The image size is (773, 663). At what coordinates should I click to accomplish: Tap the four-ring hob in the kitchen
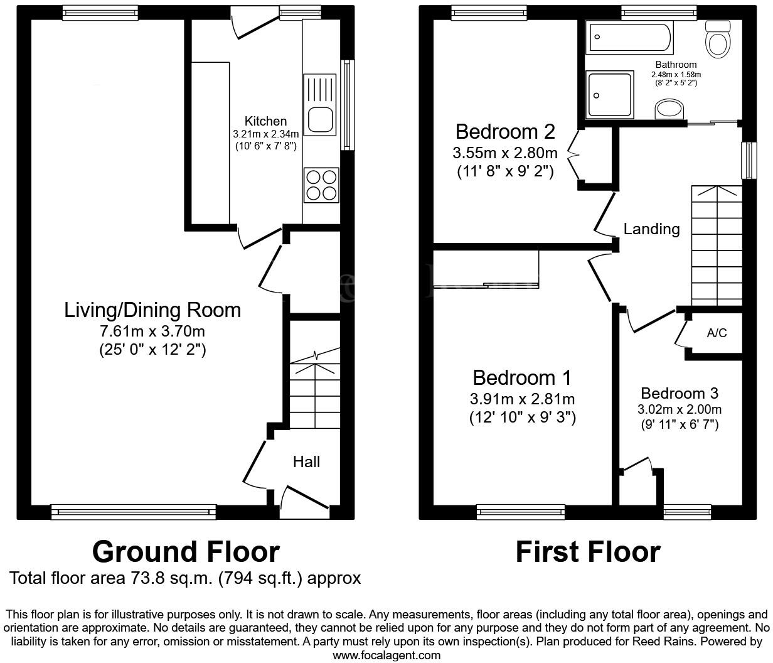point(321,185)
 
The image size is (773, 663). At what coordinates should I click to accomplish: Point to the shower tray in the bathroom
point(609,94)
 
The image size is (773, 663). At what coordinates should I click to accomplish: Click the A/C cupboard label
point(717,333)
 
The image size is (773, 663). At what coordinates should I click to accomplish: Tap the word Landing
point(651,229)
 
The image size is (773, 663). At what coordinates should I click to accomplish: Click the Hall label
point(306,462)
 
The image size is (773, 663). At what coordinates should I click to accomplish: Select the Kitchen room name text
point(265,121)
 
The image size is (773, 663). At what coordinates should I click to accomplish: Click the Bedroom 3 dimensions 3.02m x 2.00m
point(680,410)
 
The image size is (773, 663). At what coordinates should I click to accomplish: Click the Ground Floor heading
point(186,552)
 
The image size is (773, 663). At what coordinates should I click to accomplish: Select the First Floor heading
point(588,552)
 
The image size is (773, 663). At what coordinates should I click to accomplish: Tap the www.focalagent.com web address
point(386,655)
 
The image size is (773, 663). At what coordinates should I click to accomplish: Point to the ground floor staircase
point(314,389)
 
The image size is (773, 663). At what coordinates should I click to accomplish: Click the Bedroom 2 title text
point(505,132)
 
